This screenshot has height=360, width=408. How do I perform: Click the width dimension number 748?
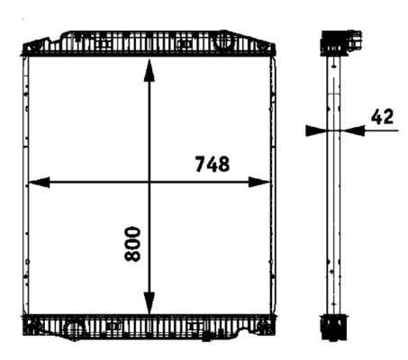pyautogui.click(x=212, y=164)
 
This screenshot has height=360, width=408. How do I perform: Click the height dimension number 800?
pyautogui.click(x=133, y=243)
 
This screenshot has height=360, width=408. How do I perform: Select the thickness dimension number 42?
pyautogui.click(x=381, y=115)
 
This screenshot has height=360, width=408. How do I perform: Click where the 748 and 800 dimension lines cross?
pyautogui.click(x=150, y=182)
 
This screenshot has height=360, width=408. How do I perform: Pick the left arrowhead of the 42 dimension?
pyautogui.click(x=316, y=130)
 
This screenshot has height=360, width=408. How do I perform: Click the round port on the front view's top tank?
pyautogui.click(x=221, y=41)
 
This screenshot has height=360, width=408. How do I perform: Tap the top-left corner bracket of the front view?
pyautogui.click(x=34, y=44)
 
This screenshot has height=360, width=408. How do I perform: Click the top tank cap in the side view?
pyautogui.click(x=340, y=42)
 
